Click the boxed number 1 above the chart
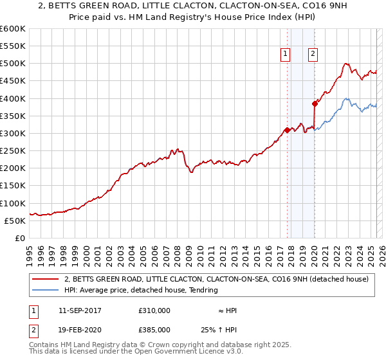[284, 54]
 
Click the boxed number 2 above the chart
[313, 54]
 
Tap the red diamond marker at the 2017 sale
[287, 130]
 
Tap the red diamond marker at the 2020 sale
[315, 104]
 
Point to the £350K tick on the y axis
[12, 116]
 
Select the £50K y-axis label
[15, 221]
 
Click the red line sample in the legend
[47, 280]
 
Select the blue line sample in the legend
[47, 290]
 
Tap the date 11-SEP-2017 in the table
[79, 310]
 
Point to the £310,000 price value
[154, 310]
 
